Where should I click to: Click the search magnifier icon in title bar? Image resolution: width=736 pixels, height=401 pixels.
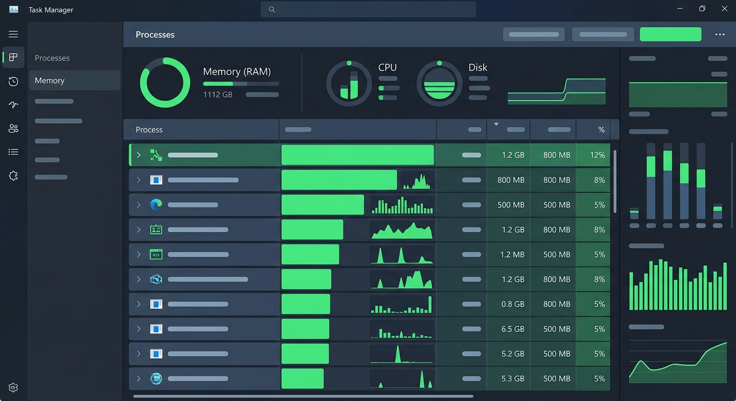271,9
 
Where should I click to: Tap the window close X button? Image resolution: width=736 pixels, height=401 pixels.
724,8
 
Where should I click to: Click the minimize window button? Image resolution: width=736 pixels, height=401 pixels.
680,8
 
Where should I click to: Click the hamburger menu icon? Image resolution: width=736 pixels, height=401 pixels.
13,34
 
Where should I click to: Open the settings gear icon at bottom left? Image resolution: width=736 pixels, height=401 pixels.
13,387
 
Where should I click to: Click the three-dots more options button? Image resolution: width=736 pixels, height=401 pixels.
720,34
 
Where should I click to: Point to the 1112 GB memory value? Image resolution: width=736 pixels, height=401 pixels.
217,95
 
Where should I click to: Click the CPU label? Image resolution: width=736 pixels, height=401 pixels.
387,67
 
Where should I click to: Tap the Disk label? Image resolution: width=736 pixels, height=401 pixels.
477,67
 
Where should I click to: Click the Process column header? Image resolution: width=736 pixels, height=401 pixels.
149,129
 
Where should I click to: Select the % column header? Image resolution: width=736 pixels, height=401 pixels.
601,129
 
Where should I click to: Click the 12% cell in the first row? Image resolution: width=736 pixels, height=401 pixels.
597,155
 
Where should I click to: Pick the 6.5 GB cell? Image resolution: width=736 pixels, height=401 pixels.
513,329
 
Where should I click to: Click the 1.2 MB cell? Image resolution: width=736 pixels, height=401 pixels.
512,254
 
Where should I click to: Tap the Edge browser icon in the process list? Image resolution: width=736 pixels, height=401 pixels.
156,205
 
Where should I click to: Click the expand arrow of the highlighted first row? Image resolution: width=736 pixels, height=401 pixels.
139,155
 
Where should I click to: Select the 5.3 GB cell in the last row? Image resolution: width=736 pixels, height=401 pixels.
513,379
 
